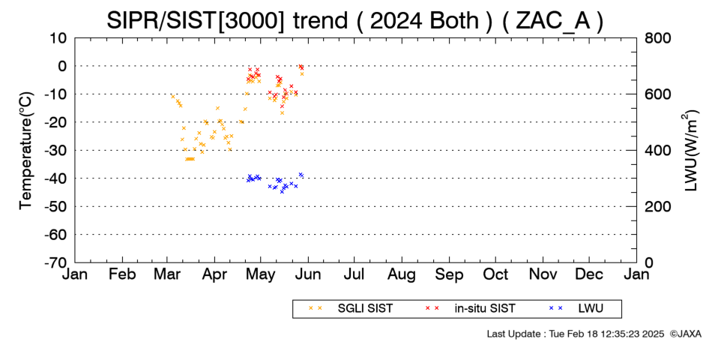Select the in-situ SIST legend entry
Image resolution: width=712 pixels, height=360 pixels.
[471, 309]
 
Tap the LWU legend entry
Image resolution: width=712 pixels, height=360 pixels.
[576, 309]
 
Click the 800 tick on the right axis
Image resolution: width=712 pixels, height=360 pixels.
[658, 38]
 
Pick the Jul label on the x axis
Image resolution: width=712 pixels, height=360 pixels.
[355, 274]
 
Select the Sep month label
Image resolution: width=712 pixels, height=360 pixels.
[449, 274]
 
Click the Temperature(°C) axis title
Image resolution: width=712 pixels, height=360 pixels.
[26, 151]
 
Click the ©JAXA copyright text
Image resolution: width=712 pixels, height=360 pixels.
[685, 334]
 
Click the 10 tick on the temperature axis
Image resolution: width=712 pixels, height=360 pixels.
[58, 38]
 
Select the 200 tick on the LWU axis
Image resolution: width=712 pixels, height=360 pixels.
[658, 206]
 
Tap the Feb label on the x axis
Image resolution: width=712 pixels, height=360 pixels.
[123, 274]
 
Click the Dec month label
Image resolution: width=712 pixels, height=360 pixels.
[589, 274]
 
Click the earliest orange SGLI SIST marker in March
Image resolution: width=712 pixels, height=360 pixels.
[172, 96]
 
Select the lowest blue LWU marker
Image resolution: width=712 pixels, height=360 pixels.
[282, 192]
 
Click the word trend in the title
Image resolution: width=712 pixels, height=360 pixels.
[321, 20]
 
